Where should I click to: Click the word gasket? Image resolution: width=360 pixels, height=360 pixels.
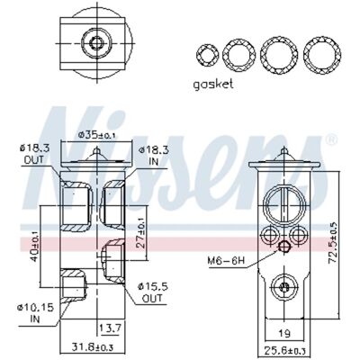(213, 85)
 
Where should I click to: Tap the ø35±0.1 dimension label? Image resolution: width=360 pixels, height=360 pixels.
(96, 135)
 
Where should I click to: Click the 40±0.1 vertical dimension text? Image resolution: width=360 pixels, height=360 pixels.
(35, 246)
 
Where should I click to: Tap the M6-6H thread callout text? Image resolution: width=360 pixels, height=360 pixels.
(227, 261)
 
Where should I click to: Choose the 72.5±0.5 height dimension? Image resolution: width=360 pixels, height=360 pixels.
(334, 243)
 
